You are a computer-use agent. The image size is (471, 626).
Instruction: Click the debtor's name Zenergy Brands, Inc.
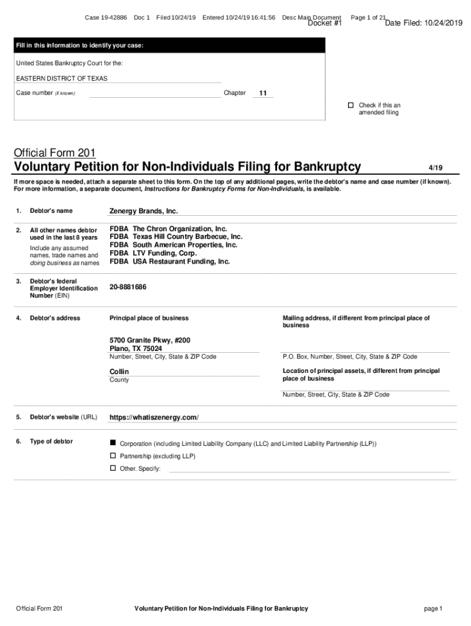pyautogui.click(x=143, y=211)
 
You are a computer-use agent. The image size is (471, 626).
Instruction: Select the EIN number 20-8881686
pyautogui.click(x=128, y=287)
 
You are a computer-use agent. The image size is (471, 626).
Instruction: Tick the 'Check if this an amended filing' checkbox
pyautogui.click(x=350, y=105)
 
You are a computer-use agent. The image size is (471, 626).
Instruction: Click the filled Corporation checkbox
pyautogui.click(x=113, y=442)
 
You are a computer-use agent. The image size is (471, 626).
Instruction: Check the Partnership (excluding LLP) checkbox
pyautogui.click(x=113, y=455)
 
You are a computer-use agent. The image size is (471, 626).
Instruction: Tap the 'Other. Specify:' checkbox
pyautogui.click(x=113, y=468)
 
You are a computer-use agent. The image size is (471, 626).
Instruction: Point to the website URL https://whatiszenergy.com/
pyautogui.click(x=154, y=418)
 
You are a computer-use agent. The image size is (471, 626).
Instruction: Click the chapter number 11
pyautogui.click(x=263, y=94)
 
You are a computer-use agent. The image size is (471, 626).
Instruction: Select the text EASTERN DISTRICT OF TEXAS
pyautogui.click(x=61, y=78)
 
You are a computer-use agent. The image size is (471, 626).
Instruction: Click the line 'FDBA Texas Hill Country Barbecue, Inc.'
pyautogui.click(x=176, y=237)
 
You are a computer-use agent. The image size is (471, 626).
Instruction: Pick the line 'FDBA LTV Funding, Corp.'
pyautogui.click(x=154, y=253)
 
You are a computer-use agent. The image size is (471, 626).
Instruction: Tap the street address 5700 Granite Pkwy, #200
pyautogui.click(x=150, y=340)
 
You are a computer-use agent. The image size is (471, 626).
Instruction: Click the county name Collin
pyautogui.click(x=119, y=372)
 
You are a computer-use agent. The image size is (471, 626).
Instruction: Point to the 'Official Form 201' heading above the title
pyautogui.click(x=54, y=152)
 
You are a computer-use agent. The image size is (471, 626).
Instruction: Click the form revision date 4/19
pyautogui.click(x=435, y=167)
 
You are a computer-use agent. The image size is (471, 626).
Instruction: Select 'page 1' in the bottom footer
pyautogui.click(x=432, y=608)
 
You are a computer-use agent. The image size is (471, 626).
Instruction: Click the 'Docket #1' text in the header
pyautogui.click(x=324, y=24)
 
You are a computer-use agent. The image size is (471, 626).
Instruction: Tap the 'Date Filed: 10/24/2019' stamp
pyautogui.click(x=424, y=24)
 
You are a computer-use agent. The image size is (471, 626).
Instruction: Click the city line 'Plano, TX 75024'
pyautogui.click(x=136, y=348)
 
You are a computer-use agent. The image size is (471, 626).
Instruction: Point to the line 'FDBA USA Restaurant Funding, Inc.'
pyautogui.click(x=170, y=262)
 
